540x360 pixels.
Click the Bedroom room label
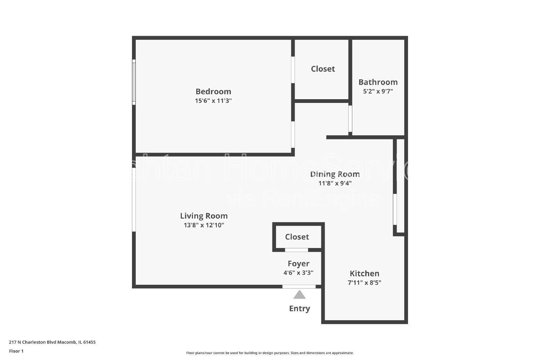pos(213,91)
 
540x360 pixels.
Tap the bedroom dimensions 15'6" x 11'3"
pos(213,101)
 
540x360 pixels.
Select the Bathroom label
pos(378,82)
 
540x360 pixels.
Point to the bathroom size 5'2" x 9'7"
pos(378,91)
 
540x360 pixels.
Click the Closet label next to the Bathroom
pos(323,69)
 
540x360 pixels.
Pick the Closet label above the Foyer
pos(297,237)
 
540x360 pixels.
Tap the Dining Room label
pos(335,174)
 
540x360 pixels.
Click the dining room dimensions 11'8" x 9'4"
pos(335,183)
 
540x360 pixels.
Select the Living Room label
pos(204,216)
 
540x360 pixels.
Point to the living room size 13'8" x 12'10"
pos(204,225)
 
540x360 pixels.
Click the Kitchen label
pos(364,274)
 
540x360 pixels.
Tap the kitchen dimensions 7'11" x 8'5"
pos(364,283)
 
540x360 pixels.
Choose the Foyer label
pos(298,264)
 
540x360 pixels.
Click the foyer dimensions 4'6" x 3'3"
pos(298,273)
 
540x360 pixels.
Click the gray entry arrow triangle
pos(299,295)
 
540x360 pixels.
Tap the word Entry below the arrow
pos(299,308)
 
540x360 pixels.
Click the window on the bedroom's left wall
pos(134,82)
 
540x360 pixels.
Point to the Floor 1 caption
pos(16,351)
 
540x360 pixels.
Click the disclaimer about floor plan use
pos(270,353)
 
